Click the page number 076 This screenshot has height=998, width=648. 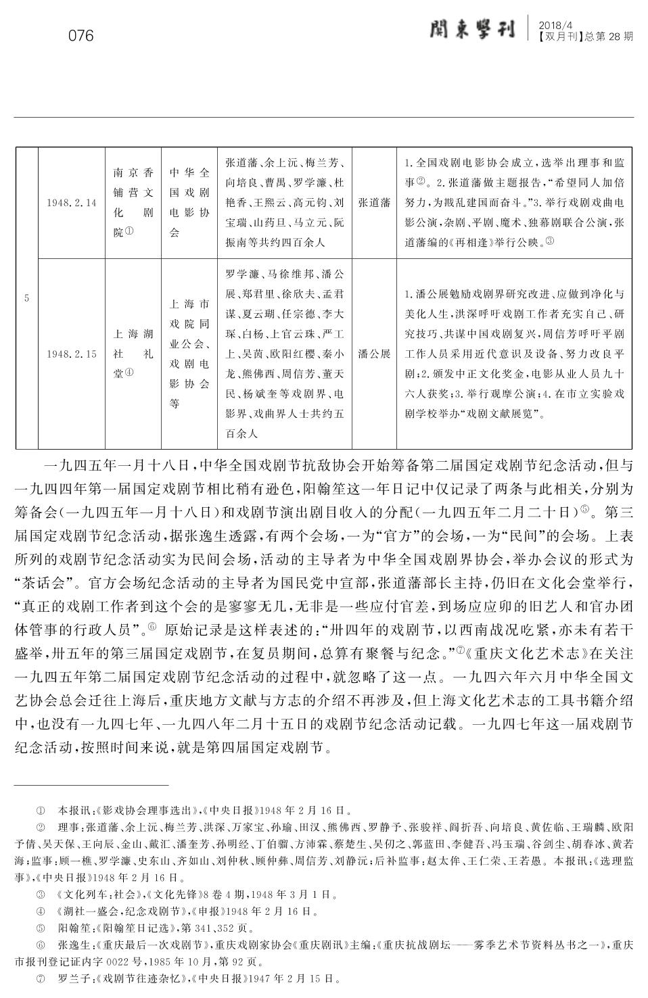point(81,36)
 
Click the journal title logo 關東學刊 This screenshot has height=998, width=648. point(471,30)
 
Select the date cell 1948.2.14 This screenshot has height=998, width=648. point(72,202)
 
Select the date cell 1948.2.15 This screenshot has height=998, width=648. point(72,354)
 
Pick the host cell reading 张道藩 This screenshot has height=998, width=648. point(374,202)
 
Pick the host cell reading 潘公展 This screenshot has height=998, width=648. point(374,354)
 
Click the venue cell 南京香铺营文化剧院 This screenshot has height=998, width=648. point(133,202)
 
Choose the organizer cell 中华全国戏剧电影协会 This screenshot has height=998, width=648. point(189,202)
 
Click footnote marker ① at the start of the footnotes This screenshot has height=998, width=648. point(41,809)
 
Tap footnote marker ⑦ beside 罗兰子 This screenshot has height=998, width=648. point(41,978)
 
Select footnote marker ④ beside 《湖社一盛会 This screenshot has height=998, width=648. point(41,911)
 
